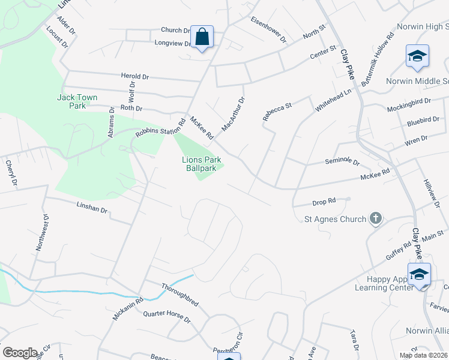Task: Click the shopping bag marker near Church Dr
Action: click(x=202, y=38)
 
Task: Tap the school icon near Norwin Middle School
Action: click(x=417, y=56)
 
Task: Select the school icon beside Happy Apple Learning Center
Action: click(x=419, y=275)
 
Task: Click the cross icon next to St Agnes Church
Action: click(x=376, y=218)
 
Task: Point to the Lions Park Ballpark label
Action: click(x=201, y=164)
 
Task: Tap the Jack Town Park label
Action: click(x=77, y=101)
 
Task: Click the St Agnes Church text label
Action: click(x=335, y=219)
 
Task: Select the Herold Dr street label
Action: click(x=134, y=77)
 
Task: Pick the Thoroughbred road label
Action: click(x=180, y=295)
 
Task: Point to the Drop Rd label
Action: click(x=323, y=203)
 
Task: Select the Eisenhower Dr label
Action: click(x=269, y=29)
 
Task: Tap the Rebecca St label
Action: click(x=277, y=111)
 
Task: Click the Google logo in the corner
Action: click(x=20, y=353)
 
